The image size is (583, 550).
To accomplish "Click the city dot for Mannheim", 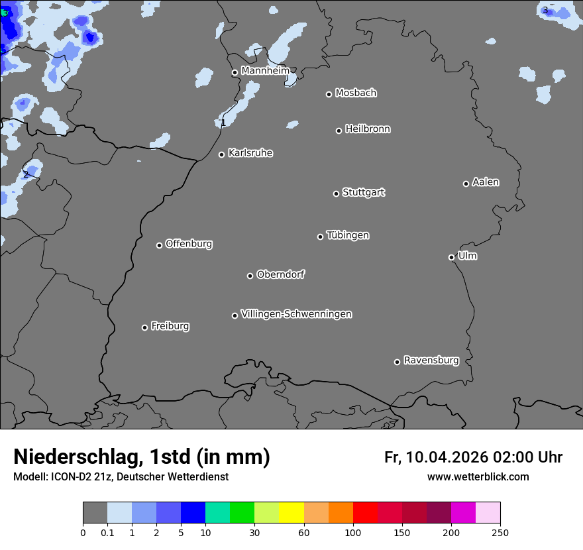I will click(235, 73).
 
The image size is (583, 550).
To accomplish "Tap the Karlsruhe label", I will click(250, 153).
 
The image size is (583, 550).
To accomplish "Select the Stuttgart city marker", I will click(336, 193).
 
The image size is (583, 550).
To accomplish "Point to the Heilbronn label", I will click(368, 129).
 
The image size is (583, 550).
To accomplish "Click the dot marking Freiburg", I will click(144, 327).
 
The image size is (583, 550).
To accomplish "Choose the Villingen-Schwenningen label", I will click(296, 314).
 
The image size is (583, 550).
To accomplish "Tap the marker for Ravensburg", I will click(397, 362).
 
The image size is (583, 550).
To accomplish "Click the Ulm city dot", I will click(451, 257).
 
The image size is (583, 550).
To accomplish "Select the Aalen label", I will click(486, 182).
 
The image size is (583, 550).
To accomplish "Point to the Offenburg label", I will click(189, 244).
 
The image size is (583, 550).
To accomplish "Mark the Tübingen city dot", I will click(320, 237).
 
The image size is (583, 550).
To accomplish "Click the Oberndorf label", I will click(281, 274).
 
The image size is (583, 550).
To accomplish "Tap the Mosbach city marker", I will click(329, 94).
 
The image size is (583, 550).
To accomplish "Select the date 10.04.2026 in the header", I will click(447, 457).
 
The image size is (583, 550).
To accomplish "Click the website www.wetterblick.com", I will click(478, 477).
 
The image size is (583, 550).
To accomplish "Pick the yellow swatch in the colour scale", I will click(291, 513).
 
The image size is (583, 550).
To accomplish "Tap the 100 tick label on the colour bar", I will click(352, 532).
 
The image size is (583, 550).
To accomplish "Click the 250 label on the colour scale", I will click(500, 532).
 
